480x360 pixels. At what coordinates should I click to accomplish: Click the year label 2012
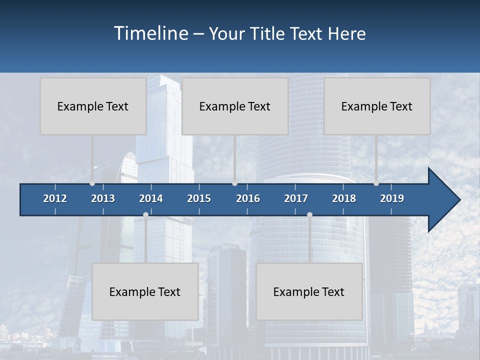pos(55,198)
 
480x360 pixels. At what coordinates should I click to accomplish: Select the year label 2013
pos(103,198)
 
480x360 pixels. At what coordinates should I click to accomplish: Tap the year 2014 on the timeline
pos(151,198)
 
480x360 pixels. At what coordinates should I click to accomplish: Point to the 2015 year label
pos(199,198)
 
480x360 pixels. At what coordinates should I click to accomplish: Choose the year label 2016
pos(248,198)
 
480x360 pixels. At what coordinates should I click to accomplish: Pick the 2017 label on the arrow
pos(296,198)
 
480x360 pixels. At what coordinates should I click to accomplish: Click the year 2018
pos(344,198)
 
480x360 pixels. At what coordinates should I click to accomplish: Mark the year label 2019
pos(392,198)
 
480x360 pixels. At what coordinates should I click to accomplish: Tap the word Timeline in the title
pos(150,33)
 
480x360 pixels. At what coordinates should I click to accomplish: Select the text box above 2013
pos(93,106)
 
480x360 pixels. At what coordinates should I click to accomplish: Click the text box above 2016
pos(235,106)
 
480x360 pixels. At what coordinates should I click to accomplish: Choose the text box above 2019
pos(377,106)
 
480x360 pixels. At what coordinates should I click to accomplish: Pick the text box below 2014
pos(145,291)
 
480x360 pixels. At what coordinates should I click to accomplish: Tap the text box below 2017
pos(309,291)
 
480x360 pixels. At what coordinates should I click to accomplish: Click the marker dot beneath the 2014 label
pos(145,215)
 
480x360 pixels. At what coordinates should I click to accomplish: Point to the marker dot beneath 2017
pos(309,215)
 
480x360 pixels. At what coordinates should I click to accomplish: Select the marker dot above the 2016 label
pos(234,183)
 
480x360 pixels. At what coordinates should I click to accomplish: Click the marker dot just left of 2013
pos(92,183)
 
